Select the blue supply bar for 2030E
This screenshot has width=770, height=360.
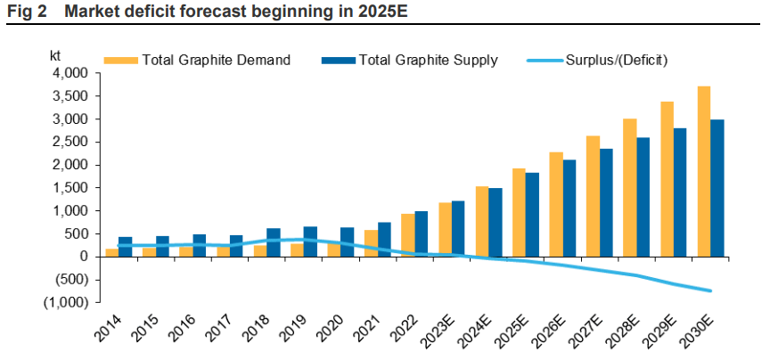point(717,188)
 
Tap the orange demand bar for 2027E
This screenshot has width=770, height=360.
point(593,196)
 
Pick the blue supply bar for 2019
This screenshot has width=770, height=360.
point(310,241)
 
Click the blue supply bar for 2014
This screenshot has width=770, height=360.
point(125,247)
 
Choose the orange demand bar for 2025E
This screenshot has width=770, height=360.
point(519,212)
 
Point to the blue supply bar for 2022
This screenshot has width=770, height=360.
point(422,233)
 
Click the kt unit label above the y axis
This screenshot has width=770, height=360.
point(55,55)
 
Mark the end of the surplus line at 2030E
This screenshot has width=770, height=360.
point(711,290)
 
